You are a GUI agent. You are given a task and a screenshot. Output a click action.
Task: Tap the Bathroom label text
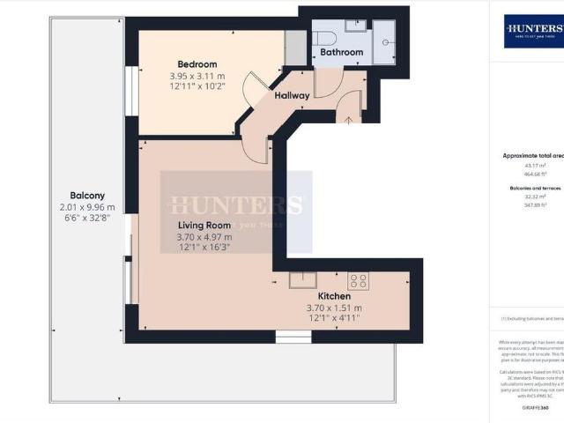pos(341,53)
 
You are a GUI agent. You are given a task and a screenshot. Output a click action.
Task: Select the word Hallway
pos(292,95)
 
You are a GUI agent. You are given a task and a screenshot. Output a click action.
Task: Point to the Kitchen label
pos(334,296)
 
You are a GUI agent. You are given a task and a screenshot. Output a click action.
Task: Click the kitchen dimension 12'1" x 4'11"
pos(334,319)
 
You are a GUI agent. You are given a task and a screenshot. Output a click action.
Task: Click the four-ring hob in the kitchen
pos(358,281)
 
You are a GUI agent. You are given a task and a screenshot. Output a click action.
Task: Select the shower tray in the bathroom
pos(385,47)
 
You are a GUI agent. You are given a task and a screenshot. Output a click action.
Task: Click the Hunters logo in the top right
pos(533,32)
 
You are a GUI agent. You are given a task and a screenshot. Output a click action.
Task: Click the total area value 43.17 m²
pos(512,165)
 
